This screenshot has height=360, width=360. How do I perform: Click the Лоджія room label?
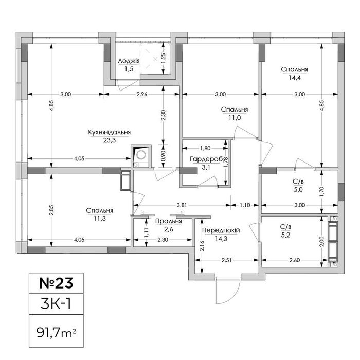tap(129, 61)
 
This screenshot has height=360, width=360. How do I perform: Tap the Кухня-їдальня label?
tap(109, 132)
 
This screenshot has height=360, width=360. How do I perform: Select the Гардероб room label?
tap(207, 159)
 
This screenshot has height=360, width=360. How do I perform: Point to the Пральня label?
tap(169, 221)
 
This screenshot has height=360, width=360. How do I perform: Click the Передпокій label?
tap(221, 230)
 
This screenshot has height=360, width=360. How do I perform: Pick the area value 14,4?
tap(295, 78)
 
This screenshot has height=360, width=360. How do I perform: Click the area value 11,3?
tap(100, 219)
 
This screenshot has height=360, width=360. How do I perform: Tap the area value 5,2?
tap(285, 235)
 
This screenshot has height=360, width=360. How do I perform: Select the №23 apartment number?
tap(56, 283)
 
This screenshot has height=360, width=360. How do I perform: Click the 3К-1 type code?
tap(56, 303)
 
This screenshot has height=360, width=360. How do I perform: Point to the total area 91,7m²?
tap(56, 333)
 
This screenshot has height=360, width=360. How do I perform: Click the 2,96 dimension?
tap(141, 94)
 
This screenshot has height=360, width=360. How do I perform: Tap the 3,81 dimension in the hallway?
tap(182, 205)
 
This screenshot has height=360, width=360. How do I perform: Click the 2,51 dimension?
tap(226, 260)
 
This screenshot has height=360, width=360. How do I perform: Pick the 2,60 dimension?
tap(295, 260)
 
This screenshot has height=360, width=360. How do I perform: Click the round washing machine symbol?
tap(141, 155)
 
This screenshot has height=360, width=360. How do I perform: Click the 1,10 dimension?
tap(245, 205)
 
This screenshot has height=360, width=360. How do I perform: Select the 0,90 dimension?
tap(163, 156)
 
